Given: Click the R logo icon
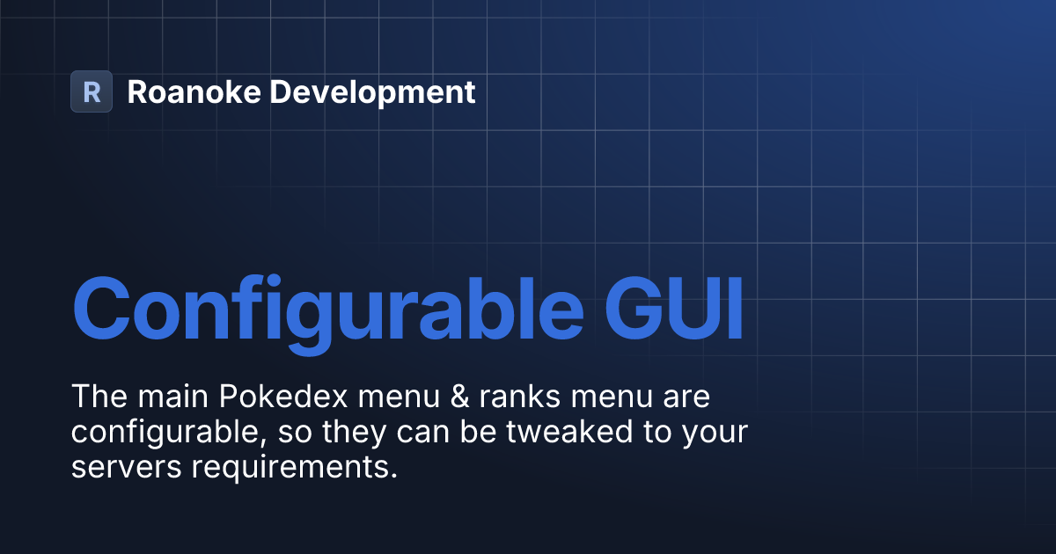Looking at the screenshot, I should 92,91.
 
